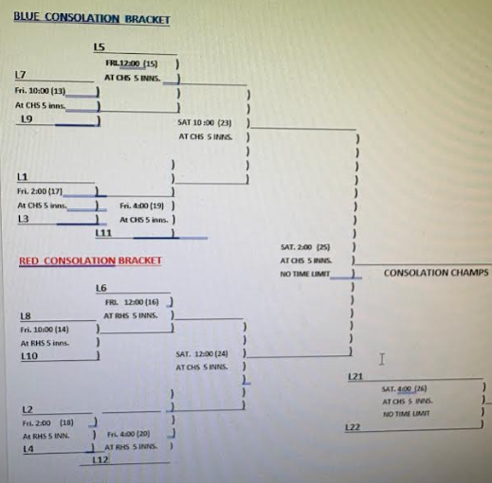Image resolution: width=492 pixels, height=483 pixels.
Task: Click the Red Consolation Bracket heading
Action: click(x=90, y=260)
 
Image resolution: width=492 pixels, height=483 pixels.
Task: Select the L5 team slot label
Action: click(x=99, y=47)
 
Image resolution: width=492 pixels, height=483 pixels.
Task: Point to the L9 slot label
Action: click(x=27, y=119)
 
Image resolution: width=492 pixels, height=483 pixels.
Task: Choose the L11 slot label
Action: click(x=103, y=232)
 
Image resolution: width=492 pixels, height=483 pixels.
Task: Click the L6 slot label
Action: click(x=101, y=287)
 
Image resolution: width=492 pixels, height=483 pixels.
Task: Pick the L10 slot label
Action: click(x=28, y=356)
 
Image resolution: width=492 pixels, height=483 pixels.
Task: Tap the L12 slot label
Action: click(x=102, y=460)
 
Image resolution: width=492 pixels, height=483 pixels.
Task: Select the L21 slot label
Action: click(x=355, y=377)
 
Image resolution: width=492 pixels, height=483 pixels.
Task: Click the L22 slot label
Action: click(x=353, y=428)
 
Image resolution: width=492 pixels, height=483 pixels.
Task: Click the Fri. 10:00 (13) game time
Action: click(x=41, y=90)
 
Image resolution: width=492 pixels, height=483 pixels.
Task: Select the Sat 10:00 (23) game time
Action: click(x=205, y=122)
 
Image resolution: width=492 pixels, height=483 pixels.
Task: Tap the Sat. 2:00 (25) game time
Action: click(x=305, y=246)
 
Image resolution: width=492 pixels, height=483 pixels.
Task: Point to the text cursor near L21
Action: click(x=381, y=359)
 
